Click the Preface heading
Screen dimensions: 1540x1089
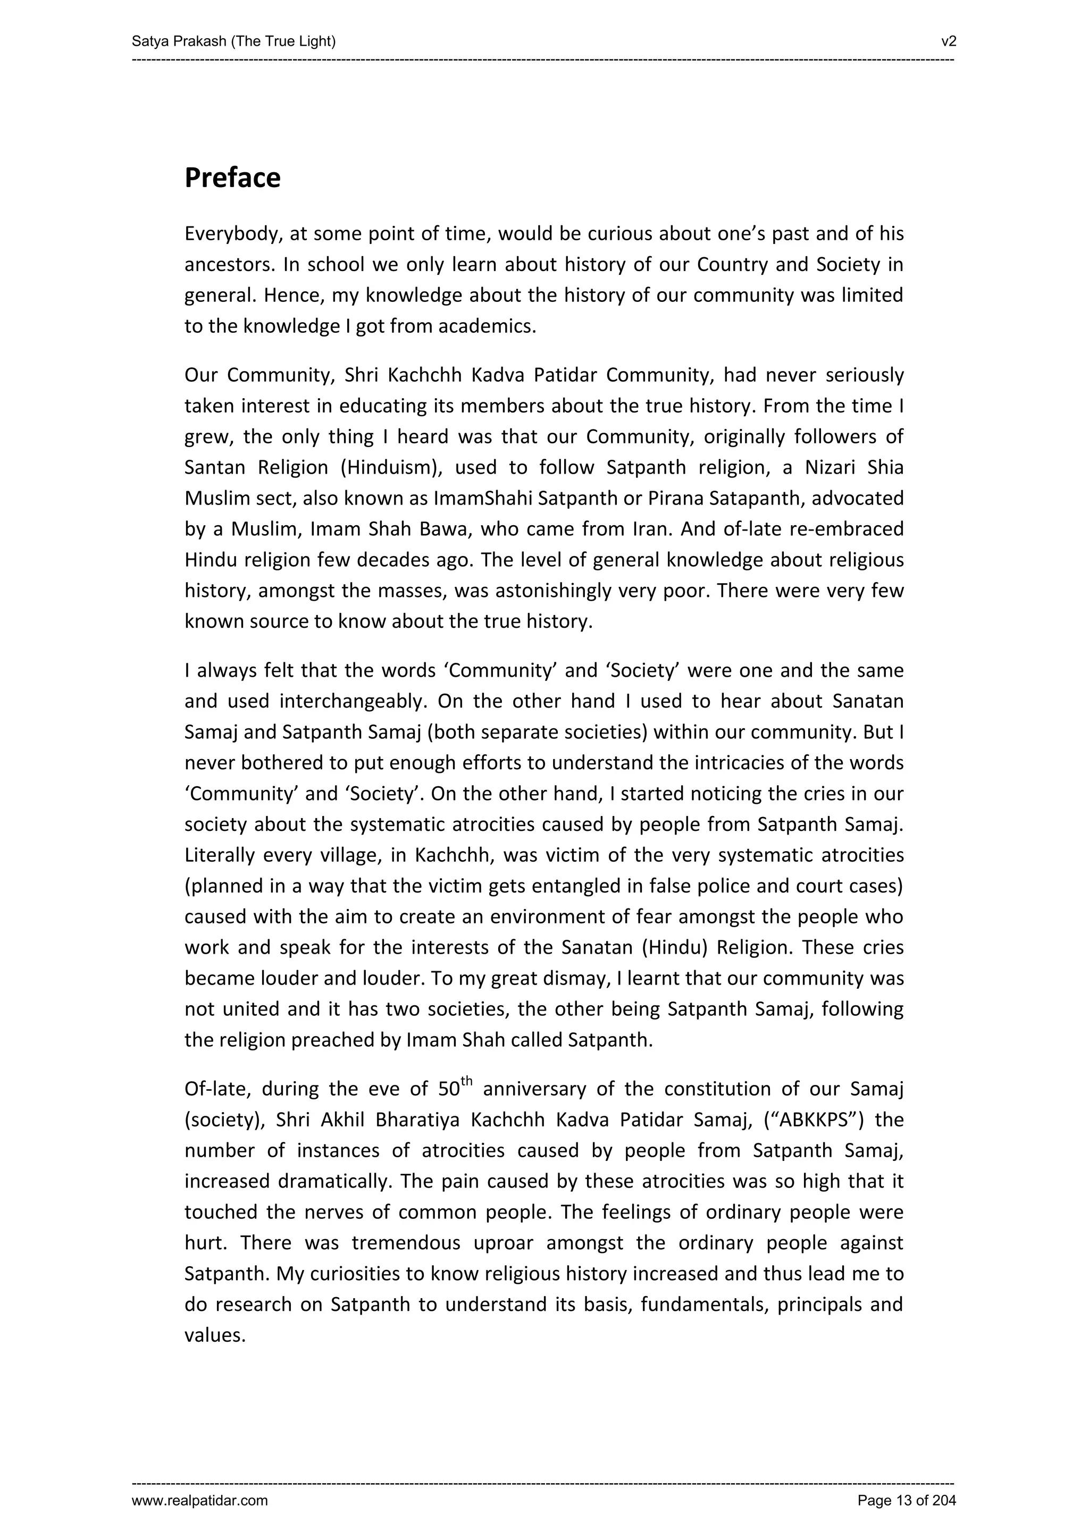coord(232,178)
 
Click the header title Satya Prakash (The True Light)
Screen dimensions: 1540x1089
coord(233,41)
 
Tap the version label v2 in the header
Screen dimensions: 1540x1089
coord(948,41)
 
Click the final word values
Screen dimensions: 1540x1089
coord(214,1335)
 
